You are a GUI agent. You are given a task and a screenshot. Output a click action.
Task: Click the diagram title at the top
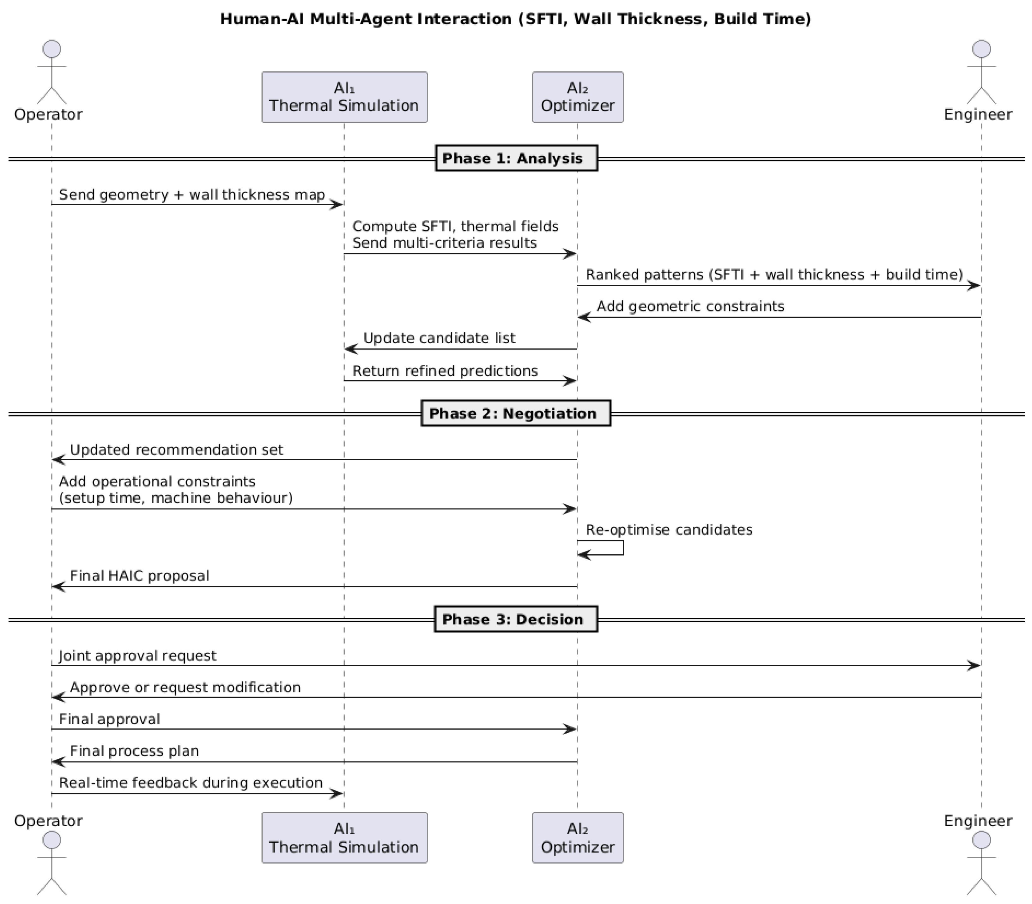[515, 19]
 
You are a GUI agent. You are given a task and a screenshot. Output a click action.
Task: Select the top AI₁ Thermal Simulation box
[344, 97]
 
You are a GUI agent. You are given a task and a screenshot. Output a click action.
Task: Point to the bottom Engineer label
[978, 821]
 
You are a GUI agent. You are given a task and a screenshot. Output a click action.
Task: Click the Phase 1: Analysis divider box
[516, 158]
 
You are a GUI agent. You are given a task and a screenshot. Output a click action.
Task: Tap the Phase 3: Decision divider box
[515, 619]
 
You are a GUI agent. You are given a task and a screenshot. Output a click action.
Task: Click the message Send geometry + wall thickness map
[192, 195]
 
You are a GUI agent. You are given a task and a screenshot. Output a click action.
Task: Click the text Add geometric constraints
[690, 306]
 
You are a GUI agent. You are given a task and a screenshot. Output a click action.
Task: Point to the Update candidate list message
[439, 338]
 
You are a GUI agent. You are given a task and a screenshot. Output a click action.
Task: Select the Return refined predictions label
[445, 371]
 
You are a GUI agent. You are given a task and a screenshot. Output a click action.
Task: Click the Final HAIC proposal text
[139, 576]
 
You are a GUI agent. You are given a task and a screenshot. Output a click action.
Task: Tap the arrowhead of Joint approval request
[974, 666]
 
